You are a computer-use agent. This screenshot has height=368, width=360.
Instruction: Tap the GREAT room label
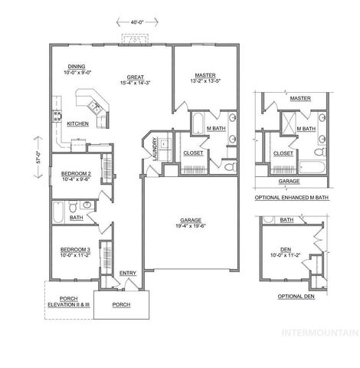(136, 77)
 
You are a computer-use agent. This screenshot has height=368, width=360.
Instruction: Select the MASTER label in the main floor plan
(205, 76)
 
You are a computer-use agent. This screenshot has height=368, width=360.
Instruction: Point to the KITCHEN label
(77, 123)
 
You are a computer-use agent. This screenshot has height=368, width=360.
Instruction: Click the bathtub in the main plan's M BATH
(197, 122)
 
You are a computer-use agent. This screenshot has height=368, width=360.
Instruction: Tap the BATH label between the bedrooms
(77, 218)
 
